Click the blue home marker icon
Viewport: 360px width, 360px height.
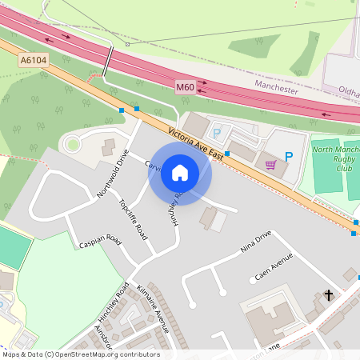(x=180, y=172)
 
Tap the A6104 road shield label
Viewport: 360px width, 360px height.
(x=34, y=59)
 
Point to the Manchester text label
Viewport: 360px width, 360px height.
(x=276, y=86)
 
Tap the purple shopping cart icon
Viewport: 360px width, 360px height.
(x=271, y=165)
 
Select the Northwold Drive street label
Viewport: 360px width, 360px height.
(x=112, y=171)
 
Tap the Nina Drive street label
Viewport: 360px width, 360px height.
(x=257, y=241)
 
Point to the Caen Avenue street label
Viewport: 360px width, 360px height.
(x=274, y=267)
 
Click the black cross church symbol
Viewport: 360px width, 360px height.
(x=328, y=296)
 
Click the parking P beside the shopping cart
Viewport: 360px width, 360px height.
(x=289, y=158)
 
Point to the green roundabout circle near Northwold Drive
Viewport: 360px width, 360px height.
(x=73, y=145)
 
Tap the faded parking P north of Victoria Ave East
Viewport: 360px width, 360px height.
(x=216, y=133)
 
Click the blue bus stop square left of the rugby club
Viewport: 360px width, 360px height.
(x=227, y=153)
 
